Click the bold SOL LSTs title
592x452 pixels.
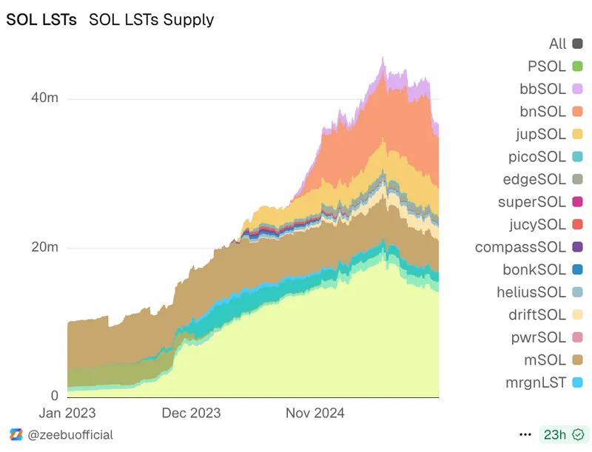click(x=41, y=20)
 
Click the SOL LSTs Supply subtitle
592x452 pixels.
click(x=151, y=20)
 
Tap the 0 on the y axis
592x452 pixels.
click(x=54, y=396)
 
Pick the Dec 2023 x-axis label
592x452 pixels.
click(x=191, y=414)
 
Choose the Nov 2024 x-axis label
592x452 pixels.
click(x=315, y=414)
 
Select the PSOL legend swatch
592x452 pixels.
click(x=578, y=67)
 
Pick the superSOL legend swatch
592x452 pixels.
click(x=578, y=202)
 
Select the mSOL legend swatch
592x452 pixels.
click(x=578, y=360)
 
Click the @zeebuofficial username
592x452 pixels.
click(x=70, y=434)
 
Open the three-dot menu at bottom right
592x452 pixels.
click(x=525, y=434)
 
